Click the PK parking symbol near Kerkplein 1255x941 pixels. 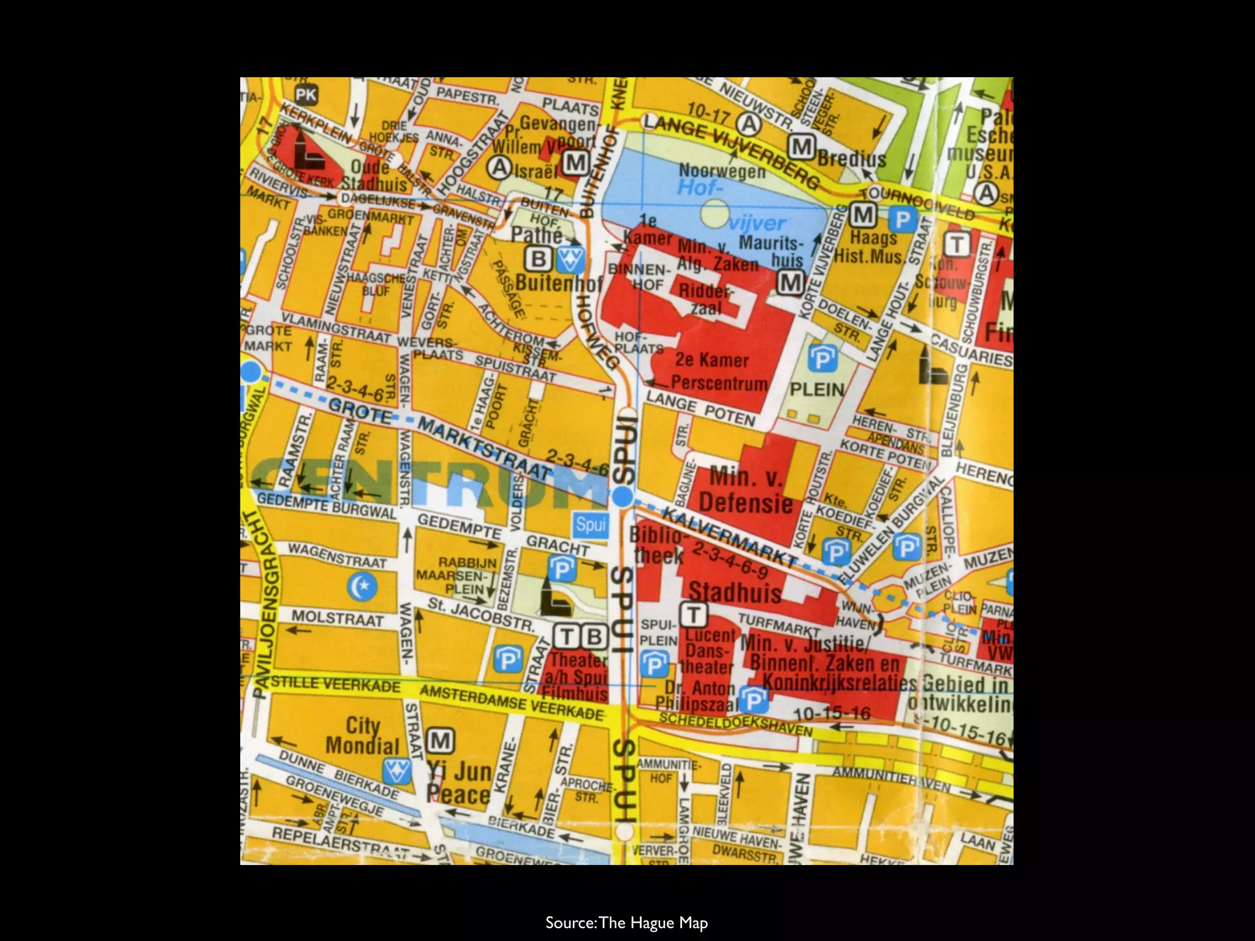coord(306,94)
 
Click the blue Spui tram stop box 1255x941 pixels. coord(590,524)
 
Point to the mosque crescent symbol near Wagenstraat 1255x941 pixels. coord(361,587)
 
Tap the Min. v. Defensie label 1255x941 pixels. coord(745,490)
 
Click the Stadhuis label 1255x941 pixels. coord(735,592)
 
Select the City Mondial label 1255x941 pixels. coord(362,736)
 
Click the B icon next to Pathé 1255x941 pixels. coord(538,259)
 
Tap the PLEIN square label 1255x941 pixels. coord(817,390)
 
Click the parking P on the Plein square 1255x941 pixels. coord(821,358)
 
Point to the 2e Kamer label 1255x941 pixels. coord(712,360)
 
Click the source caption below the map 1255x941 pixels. coord(626,905)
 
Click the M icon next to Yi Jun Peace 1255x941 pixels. coord(441,741)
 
